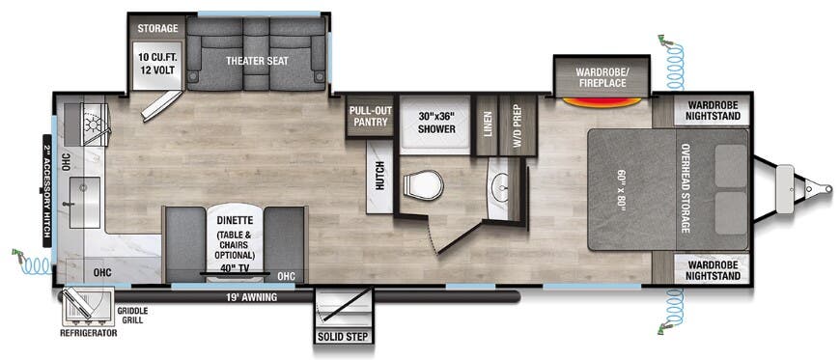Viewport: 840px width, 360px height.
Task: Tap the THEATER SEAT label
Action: (x=253, y=61)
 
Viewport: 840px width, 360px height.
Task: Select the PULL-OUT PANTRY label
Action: (x=369, y=116)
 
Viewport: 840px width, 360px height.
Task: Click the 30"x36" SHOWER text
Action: (x=435, y=123)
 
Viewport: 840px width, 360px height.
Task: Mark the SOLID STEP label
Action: (x=343, y=337)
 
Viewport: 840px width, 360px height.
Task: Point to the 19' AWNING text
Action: (x=245, y=297)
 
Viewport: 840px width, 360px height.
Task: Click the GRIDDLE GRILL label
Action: (x=132, y=314)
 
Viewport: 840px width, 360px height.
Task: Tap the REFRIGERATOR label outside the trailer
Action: (x=89, y=333)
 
